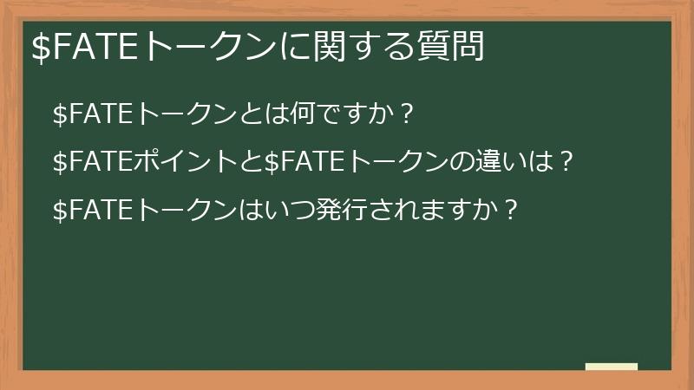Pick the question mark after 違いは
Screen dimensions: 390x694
(567, 161)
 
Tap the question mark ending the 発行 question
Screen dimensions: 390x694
(511, 209)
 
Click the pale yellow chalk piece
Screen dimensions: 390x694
(612, 367)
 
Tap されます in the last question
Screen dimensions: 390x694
(399, 209)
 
